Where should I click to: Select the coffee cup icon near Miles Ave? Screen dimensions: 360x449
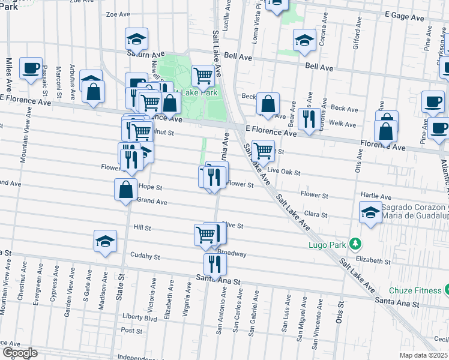[30, 68]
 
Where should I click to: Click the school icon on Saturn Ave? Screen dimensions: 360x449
[137, 40]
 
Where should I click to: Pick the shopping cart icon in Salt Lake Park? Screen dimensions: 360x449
[203, 76]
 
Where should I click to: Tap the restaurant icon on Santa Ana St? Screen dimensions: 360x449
[214, 263]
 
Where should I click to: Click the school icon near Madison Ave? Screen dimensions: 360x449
[105, 241]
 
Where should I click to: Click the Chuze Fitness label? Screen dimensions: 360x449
[415, 290]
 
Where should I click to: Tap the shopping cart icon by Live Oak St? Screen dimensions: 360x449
[262, 151]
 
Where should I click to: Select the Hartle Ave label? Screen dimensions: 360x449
[376, 197]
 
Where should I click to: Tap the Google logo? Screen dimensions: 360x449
[20, 352]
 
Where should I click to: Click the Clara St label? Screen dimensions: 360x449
[316, 214]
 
